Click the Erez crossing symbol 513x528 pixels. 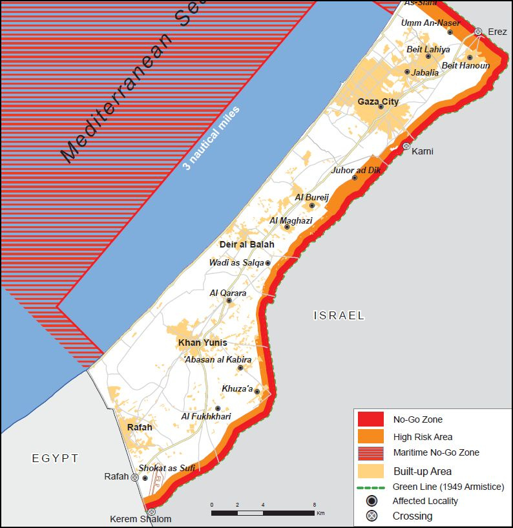coord(478,32)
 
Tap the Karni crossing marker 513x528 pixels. coord(406,146)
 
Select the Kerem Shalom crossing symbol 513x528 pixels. coord(151,511)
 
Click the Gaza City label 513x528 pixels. coord(378,101)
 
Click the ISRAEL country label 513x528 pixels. coord(339,316)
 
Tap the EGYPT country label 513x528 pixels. coord(55,458)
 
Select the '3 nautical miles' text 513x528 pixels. coord(211,138)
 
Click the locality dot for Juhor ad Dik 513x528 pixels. coord(354,178)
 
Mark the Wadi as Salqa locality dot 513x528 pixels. coord(267,263)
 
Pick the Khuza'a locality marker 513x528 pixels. coord(257,392)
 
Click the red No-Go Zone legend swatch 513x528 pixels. coord(370,419)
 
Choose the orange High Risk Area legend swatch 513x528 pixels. coord(370,436)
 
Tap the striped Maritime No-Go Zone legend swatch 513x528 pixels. coord(370,452)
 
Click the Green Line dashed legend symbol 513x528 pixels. coord(370,487)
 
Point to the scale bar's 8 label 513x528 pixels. coord(314,505)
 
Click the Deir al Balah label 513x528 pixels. coord(246,244)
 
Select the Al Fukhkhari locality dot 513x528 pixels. coord(218,408)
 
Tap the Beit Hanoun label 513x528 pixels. coord(465,66)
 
